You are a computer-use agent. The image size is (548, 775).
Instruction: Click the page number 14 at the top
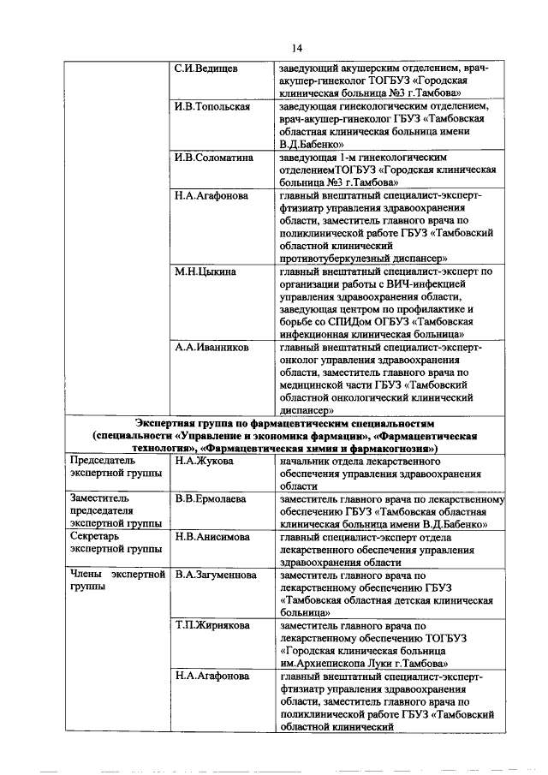pyautogui.click(x=273, y=47)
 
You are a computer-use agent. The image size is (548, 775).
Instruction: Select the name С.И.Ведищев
pyautogui.click(x=206, y=67)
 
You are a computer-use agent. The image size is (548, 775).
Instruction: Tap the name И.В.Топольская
pyautogui.click(x=211, y=106)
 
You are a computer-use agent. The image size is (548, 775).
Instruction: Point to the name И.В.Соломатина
pyautogui.click(x=214, y=158)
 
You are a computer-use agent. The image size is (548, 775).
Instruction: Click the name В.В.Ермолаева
pyautogui.click(x=211, y=498)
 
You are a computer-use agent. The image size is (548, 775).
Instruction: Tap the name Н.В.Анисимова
pyautogui.click(x=212, y=537)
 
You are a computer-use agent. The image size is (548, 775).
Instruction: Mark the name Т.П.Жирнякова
pyautogui.click(x=212, y=626)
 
